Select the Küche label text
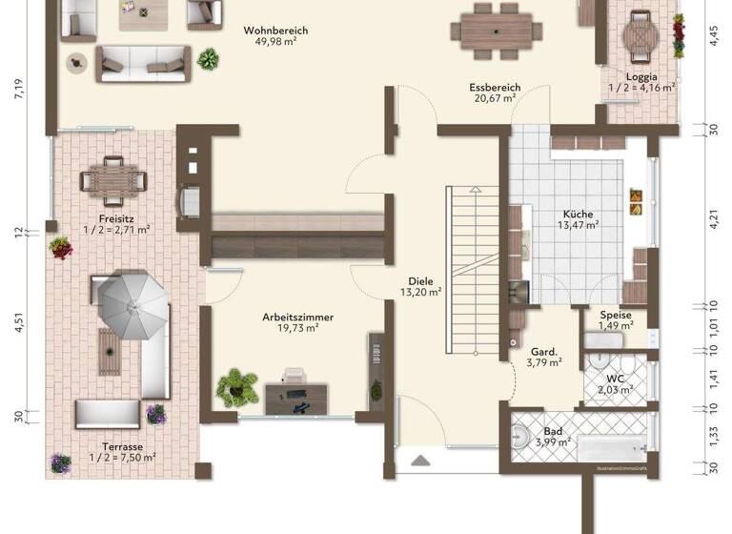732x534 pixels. tap(578, 214)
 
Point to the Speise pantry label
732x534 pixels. tap(615, 316)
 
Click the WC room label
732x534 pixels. tap(615, 378)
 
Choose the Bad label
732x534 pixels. tap(553, 431)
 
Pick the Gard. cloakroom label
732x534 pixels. tap(544, 350)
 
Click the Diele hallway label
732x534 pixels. tap(420, 281)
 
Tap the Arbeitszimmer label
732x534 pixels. tap(291, 317)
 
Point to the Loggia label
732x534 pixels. tap(641, 75)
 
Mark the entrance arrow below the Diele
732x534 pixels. tap(420, 461)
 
